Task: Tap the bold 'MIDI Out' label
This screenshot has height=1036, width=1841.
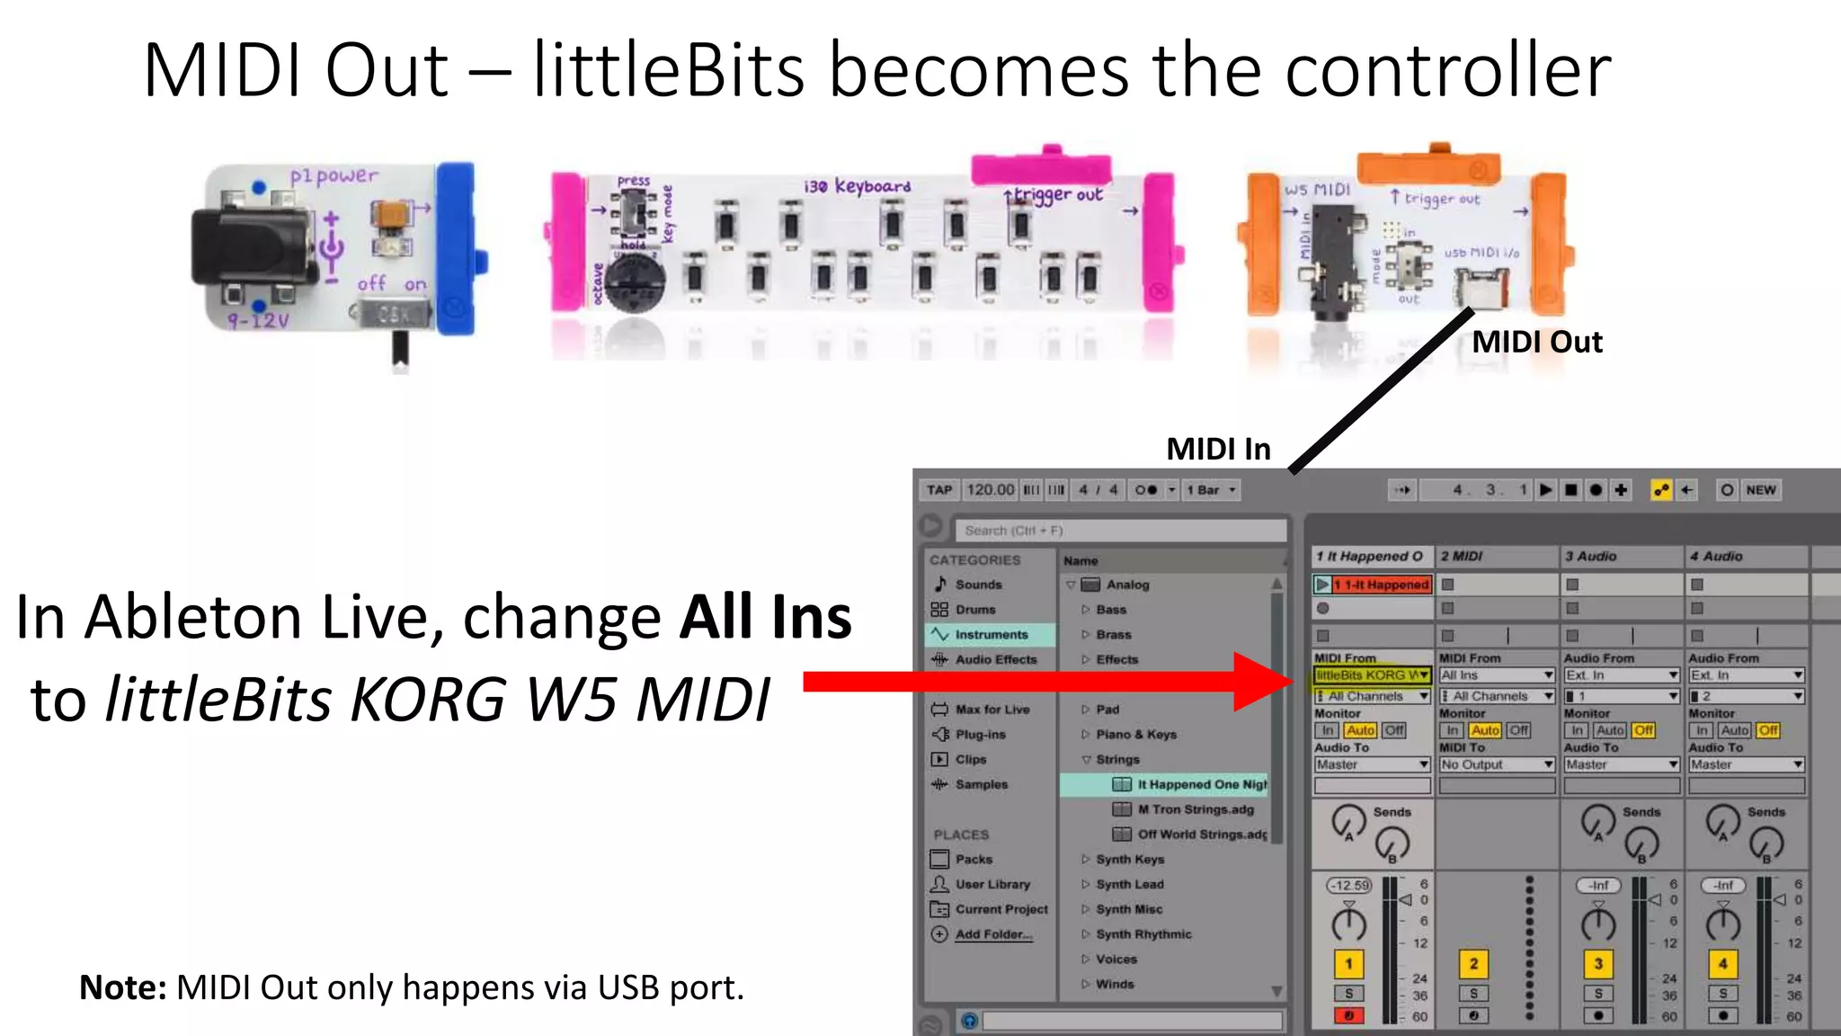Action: (1536, 342)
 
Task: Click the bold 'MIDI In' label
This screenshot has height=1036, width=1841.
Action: (1218, 449)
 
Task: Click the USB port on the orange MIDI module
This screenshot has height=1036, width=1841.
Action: (1481, 287)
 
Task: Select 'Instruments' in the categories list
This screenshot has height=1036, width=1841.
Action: (991, 635)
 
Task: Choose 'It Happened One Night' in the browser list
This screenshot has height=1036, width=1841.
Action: (1201, 784)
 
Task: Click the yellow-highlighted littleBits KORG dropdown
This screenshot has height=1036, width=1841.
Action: (1372, 674)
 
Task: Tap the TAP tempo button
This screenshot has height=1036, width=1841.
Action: (939, 490)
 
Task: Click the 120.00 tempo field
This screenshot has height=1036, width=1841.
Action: (990, 490)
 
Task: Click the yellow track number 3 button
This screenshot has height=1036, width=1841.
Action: (1597, 964)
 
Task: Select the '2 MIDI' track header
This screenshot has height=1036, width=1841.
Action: (1496, 557)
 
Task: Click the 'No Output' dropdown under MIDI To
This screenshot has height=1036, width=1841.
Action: (1496, 764)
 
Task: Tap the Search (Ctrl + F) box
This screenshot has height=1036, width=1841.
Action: (1119, 531)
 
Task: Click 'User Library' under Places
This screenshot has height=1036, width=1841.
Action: (992, 884)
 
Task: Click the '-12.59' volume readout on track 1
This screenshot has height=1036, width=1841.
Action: (1348, 885)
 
